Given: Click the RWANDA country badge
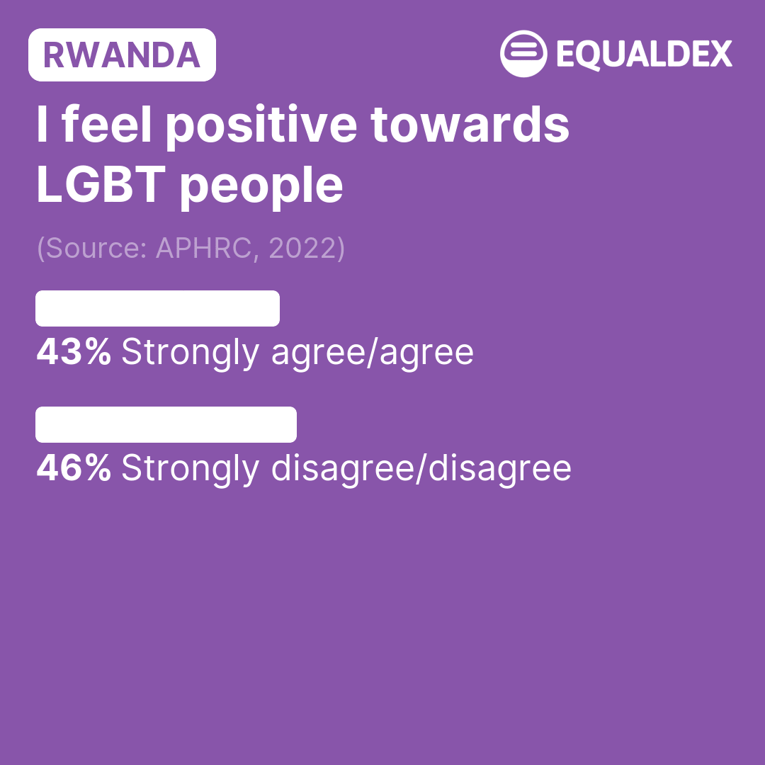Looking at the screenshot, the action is [122, 55].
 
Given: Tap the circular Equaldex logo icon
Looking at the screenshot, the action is [523, 54].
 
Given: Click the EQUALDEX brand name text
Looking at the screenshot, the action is [645, 54].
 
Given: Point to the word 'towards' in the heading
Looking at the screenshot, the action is [470, 125].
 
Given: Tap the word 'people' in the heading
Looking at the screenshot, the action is [261, 187].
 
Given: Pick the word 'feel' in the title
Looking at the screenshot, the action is [107, 124].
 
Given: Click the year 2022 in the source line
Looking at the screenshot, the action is [302, 248].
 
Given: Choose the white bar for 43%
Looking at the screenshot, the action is [157, 308].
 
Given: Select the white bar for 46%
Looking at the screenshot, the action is [166, 424].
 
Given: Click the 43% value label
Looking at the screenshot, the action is [74, 351].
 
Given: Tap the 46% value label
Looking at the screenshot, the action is [74, 467].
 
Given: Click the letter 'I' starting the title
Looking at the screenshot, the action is [42, 124].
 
